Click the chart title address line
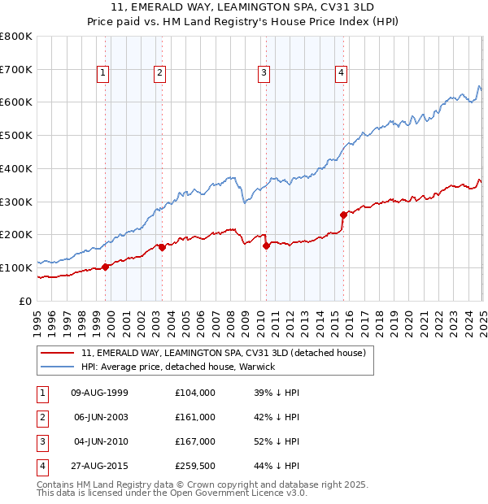point(243,7)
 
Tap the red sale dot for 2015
point(343,215)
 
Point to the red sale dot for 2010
point(266,245)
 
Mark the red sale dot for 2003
point(162,247)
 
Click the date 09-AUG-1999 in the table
point(100,393)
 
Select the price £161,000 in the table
point(195,417)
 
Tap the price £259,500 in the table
point(195,466)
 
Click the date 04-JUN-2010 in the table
point(100,441)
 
